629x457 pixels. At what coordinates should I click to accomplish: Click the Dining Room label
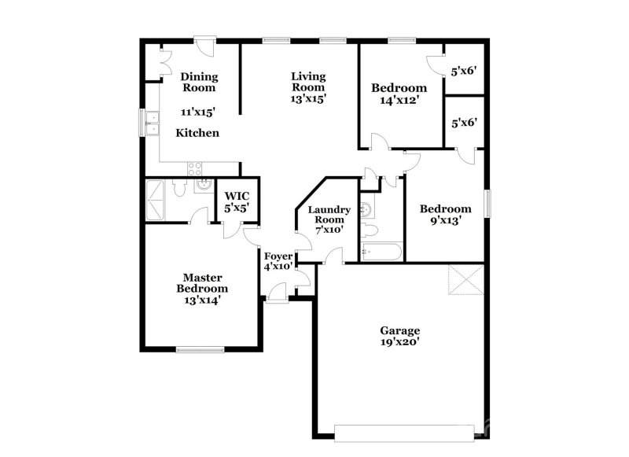coord(199,83)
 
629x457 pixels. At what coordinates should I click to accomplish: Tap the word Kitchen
coord(197,133)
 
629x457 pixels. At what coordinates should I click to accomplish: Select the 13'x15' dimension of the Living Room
coord(308,99)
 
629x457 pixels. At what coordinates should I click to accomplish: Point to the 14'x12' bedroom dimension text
coord(399,100)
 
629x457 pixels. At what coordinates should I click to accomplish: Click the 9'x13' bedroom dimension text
coord(445,221)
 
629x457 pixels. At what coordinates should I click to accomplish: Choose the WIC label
coord(237,197)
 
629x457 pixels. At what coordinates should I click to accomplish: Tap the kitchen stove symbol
coord(194,168)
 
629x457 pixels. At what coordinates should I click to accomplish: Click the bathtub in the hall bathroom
coord(381,252)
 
